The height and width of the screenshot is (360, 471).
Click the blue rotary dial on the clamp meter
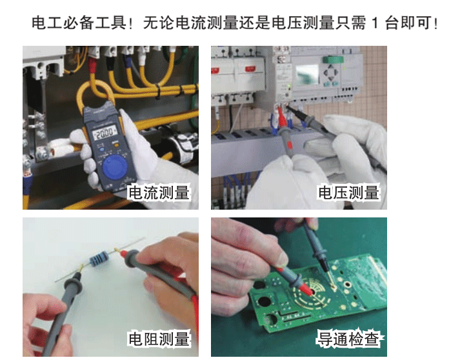114,168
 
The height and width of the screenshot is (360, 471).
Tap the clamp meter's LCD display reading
105,132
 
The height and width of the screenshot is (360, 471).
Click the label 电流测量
159,192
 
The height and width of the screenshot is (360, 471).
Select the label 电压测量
349,192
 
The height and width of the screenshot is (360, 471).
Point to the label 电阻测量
159,339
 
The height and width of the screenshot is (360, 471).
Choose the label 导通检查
349,339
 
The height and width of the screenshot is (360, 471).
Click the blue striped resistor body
99,259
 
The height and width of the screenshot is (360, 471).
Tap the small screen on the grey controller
306,74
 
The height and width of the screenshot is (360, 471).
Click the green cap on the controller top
332,60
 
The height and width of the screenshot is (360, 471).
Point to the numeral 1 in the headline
374,23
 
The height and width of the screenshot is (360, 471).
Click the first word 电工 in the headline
47,23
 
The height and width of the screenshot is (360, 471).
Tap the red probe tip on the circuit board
308,290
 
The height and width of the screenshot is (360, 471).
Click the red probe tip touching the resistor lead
122,253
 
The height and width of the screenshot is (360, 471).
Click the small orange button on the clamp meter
115,145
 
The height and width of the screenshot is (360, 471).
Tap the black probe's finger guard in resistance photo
74,284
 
